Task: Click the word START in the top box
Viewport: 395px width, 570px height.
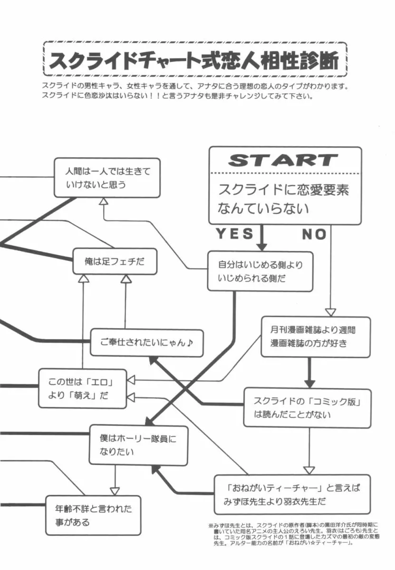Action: click(x=283, y=160)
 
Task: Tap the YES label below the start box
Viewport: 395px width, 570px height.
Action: click(x=234, y=233)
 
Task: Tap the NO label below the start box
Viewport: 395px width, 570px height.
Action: click(x=314, y=234)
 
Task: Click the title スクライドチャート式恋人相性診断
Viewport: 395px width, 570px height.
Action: click(x=194, y=60)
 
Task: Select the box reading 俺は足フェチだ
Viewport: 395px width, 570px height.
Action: click(x=115, y=261)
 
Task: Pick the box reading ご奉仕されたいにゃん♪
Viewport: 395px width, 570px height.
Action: click(x=147, y=342)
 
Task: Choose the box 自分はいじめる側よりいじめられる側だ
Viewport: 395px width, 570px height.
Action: click(x=260, y=271)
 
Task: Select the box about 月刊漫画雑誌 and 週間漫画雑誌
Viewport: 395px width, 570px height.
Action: click(x=315, y=337)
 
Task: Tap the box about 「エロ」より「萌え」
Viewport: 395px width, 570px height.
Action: click(x=82, y=389)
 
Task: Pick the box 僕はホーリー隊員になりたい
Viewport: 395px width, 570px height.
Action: click(x=138, y=445)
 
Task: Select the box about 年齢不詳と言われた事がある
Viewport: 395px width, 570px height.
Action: click(x=93, y=515)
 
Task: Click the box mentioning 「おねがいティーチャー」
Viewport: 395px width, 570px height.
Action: click(x=292, y=494)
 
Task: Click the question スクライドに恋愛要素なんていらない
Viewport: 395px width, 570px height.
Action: click(x=284, y=199)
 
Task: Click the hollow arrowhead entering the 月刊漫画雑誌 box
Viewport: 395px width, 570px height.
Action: click(x=330, y=313)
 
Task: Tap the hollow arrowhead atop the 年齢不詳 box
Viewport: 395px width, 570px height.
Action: click(x=115, y=491)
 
